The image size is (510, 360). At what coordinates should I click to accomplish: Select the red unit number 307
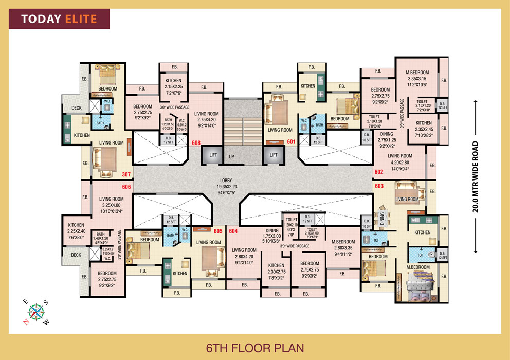[126, 174]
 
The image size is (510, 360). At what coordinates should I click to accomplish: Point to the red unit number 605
[218, 231]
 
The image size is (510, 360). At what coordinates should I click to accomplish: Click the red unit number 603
[380, 186]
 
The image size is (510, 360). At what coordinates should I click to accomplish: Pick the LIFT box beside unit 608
[213, 155]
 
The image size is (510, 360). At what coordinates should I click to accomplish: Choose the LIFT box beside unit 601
[274, 155]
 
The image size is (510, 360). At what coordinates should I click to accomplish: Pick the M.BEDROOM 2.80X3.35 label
[343, 247]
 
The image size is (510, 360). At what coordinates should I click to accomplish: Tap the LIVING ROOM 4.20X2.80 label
[399, 161]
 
